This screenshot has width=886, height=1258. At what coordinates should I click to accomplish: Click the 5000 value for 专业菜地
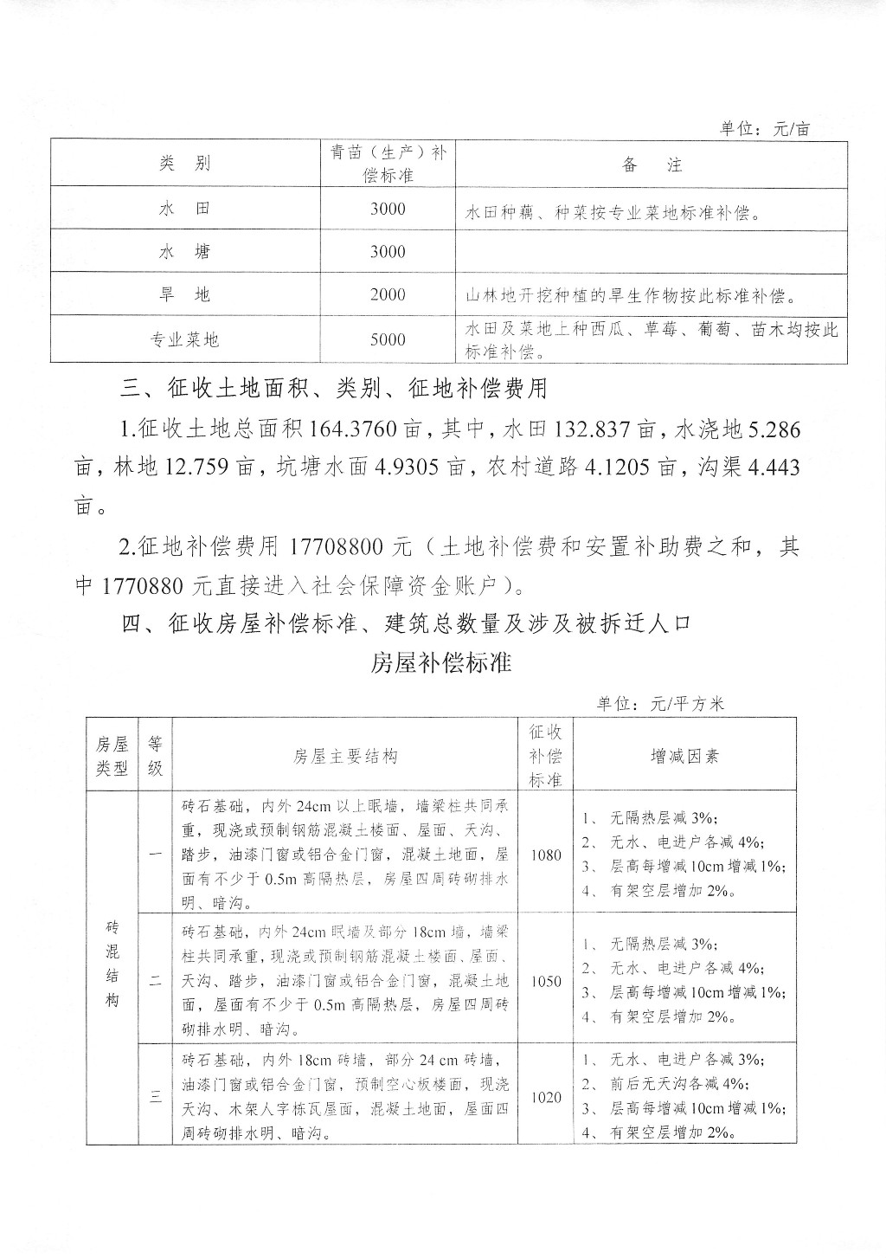(x=388, y=339)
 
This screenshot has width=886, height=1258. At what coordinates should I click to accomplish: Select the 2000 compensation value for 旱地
(x=388, y=295)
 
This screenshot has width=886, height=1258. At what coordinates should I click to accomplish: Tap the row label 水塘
(x=184, y=252)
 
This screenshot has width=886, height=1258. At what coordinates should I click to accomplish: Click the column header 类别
(x=184, y=164)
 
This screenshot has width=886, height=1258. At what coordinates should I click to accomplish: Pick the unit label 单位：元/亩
(x=765, y=129)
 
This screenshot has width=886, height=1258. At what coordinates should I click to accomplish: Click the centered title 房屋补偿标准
(x=442, y=663)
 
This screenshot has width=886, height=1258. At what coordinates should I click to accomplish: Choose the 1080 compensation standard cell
(x=546, y=855)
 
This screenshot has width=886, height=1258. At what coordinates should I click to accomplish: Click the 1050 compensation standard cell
(x=546, y=982)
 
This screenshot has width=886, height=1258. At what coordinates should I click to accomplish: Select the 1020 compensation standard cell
(x=546, y=1097)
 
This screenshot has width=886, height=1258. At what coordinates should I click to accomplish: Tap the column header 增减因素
(x=684, y=756)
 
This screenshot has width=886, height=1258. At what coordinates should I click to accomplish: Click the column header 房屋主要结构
(x=345, y=756)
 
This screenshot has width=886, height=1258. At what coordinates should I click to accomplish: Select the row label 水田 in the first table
(x=184, y=209)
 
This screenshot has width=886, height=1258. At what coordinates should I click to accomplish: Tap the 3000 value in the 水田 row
(x=388, y=209)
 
